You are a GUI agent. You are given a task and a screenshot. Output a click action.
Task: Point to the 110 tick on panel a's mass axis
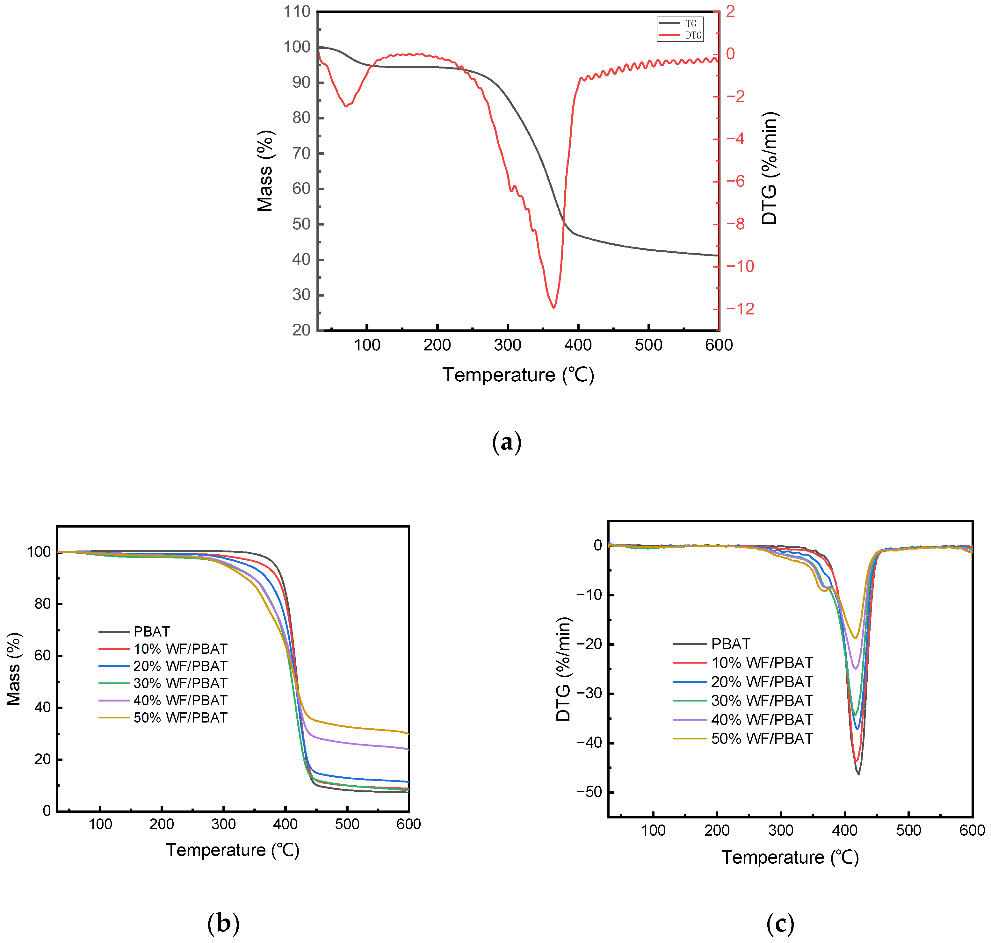point(297,11)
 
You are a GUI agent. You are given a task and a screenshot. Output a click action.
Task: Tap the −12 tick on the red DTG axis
point(740,309)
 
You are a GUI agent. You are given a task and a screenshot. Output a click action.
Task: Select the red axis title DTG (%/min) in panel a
point(769,169)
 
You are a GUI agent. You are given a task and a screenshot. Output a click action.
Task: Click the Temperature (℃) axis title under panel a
point(518,375)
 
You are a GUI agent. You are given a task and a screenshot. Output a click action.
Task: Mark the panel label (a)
point(506,442)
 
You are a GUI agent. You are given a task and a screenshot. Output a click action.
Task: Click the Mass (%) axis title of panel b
point(14,669)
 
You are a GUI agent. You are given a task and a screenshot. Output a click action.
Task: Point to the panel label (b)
point(223,923)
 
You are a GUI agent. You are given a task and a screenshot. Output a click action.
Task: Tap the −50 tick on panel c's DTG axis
point(589,792)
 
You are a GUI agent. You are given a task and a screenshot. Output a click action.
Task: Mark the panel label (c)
point(780,923)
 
